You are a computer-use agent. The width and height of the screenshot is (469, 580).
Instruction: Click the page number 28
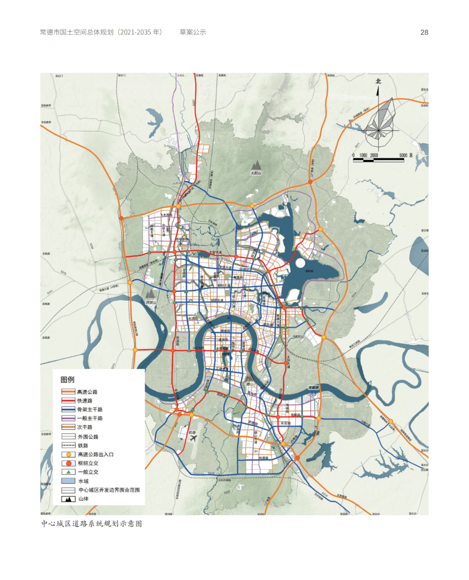coord(424,33)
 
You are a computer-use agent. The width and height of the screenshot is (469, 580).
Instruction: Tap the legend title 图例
coord(67,380)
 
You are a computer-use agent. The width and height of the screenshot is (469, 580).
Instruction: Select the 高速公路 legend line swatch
coord(68,392)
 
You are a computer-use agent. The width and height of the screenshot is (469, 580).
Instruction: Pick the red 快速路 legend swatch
coord(68,400)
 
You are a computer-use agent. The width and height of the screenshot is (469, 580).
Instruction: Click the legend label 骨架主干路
coord(90,410)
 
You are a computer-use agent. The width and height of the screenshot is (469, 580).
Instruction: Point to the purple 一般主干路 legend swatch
coord(68,418)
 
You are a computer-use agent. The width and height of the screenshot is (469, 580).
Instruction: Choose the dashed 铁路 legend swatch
coord(68,445)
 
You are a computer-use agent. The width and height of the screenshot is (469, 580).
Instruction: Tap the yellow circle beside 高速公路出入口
coord(68,454)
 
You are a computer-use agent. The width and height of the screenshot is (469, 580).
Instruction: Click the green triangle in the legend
coord(68,472)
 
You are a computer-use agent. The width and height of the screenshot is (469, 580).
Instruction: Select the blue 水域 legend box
coord(68,481)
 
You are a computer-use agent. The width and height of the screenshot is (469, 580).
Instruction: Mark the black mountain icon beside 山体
coord(68,499)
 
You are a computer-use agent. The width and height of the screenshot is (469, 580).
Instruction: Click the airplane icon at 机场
coord(193,438)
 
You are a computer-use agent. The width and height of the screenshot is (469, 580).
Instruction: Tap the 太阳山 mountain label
coord(256,173)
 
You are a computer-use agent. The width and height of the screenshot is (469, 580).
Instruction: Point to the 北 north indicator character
coord(378,81)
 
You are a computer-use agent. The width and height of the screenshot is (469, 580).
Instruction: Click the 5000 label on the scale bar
coord(403,155)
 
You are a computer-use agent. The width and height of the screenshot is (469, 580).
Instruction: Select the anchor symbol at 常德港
coord(313,393)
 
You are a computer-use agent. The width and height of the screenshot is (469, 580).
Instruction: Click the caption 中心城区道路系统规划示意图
coord(92,524)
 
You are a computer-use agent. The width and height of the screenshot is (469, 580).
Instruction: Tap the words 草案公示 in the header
coord(193,33)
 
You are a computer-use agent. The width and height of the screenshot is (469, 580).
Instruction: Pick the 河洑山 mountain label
coord(151,302)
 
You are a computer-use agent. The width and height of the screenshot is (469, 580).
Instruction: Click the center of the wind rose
coord(379,130)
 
